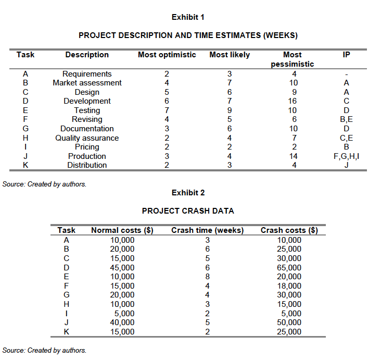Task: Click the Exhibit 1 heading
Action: [188, 17]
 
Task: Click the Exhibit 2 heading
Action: [188, 193]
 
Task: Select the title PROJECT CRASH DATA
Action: [188, 211]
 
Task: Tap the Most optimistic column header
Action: [167, 55]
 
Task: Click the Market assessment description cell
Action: [87, 83]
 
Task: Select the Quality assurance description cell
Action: [87, 138]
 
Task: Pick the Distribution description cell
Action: [87, 165]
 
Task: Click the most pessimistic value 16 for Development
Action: [293, 101]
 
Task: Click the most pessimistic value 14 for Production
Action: [293, 156]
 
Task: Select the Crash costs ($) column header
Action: [289, 230]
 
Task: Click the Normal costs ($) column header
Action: [122, 230]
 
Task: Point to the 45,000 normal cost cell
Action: [122, 268]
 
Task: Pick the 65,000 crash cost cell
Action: [289, 268]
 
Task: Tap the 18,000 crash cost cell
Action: [289, 286]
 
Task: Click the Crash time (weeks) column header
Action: [207, 230]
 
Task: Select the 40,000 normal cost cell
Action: [122, 322]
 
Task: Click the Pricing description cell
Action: [87, 147]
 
